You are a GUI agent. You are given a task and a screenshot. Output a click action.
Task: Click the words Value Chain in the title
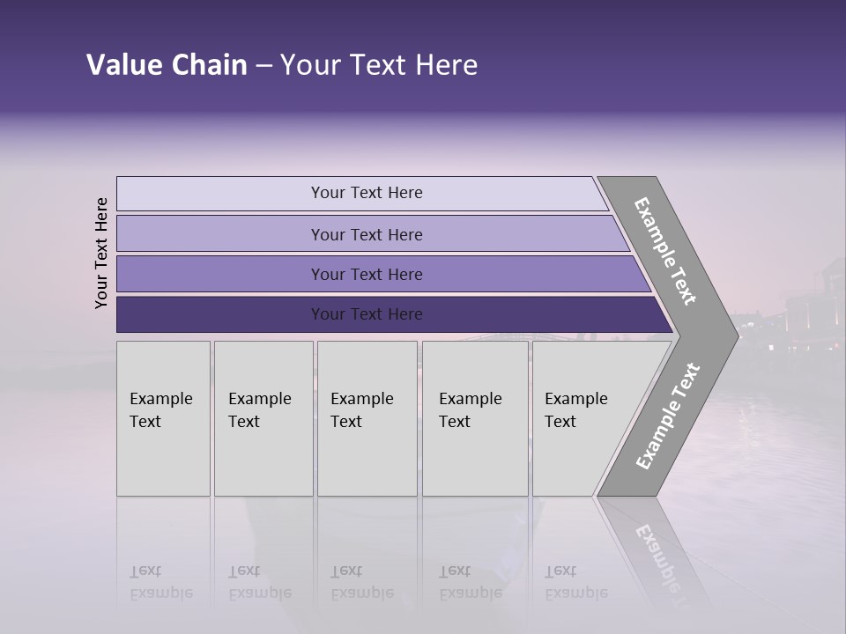tap(167, 65)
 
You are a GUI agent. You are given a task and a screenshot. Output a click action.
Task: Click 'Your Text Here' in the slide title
tap(379, 65)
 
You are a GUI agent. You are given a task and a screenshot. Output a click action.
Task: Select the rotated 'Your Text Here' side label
tap(101, 253)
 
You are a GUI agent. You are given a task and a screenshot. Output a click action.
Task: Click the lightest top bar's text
tap(367, 193)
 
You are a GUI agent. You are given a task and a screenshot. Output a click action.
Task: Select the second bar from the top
tap(367, 234)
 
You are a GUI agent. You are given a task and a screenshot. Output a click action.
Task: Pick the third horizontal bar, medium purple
tap(367, 274)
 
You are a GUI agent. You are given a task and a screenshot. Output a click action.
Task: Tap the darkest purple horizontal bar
tap(367, 314)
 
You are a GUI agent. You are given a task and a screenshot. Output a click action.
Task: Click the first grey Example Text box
tap(163, 417)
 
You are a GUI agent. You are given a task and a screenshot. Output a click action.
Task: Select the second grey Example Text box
tap(263, 417)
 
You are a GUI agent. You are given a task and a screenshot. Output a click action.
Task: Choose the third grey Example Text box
tap(366, 417)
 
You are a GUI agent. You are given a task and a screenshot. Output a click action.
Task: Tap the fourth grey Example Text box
tap(474, 417)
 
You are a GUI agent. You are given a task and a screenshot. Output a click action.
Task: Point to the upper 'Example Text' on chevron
tap(665, 252)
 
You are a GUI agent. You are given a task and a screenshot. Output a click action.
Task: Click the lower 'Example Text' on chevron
tap(668, 416)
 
